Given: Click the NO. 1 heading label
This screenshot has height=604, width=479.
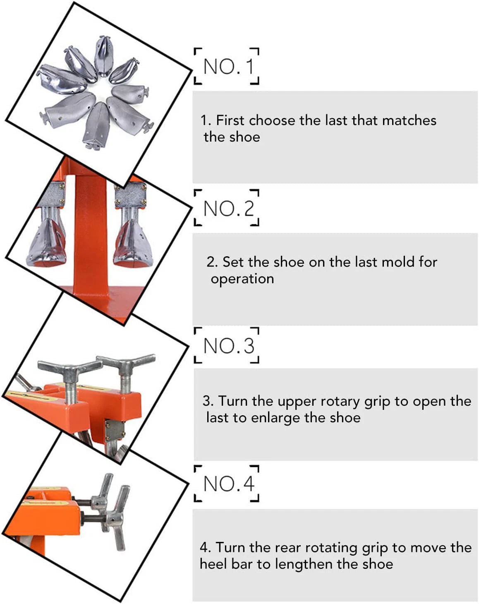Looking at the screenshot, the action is (x=229, y=67).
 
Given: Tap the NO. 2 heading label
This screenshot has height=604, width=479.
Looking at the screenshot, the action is (x=229, y=209).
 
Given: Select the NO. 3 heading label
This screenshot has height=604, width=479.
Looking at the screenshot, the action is (x=229, y=346).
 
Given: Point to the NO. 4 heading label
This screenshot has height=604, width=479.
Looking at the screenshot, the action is (x=229, y=484).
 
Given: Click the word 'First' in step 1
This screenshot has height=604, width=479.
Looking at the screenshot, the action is (x=230, y=120).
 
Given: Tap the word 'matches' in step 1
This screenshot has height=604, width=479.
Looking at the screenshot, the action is (x=409, y=120).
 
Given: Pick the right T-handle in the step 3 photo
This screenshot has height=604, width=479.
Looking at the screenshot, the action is (x=126, y=371).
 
